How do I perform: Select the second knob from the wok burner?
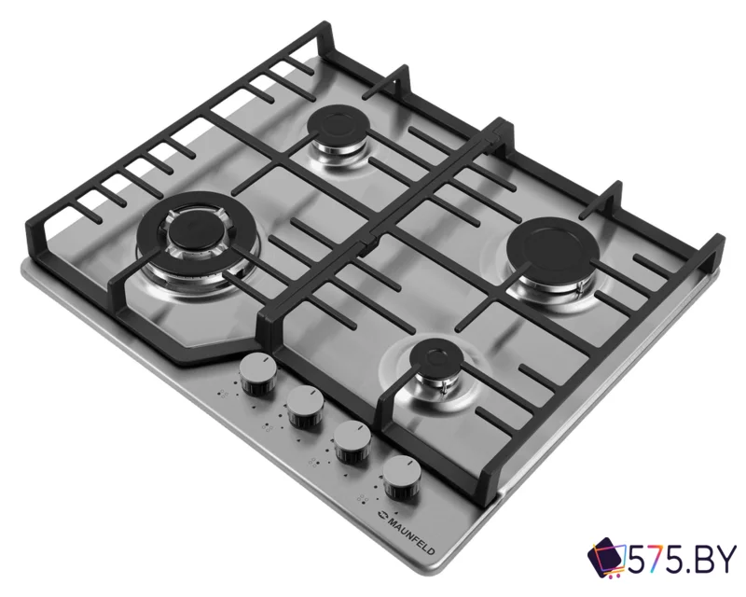pos(306,406)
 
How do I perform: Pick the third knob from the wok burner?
pos(352,441)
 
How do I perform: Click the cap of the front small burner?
pos(436,357)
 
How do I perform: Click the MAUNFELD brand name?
pos(411,535)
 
